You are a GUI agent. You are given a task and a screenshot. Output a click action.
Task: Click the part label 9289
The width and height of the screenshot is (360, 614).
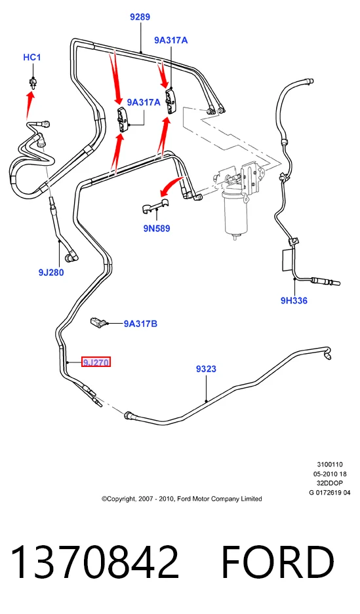pyautogui.click(x=140, y=17)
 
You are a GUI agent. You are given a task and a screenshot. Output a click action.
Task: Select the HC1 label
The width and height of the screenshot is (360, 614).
pyautogui.click(x=31, y=57)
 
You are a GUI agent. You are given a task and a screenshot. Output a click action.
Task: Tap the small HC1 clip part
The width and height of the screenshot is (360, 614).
pyautogui.click(x=33, y=83)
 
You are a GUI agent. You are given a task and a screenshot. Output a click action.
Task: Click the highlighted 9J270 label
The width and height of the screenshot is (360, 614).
pyautogui.click(x=96, y=362)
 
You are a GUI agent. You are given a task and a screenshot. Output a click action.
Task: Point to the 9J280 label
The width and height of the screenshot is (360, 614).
pyautogui.click(x=51, y=272)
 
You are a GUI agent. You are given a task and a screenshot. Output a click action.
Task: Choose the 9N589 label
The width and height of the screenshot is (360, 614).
pyautogui.click(x=157, y=228)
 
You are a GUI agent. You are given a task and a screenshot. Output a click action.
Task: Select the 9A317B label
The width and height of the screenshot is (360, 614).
pyautogui.click(x=140, y=324)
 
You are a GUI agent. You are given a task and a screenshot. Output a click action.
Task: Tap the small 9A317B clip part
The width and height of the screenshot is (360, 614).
pyautogui.click(x=98, y=322)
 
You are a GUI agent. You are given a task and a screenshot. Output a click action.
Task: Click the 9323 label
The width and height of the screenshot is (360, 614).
pyautogui.click(x=206, y=368)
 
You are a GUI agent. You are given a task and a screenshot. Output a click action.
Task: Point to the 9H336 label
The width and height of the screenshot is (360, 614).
pyautogui.click(x=294, y=300)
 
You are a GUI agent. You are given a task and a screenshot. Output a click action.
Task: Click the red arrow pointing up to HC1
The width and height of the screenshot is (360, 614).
pyautogui.click(x=29, y=104)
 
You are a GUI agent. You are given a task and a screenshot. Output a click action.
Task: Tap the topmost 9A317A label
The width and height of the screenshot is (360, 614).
pyautogui.click(x=170, y=40)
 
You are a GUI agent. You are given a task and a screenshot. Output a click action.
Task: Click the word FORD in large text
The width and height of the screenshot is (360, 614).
pyautogui.click(x=278, y=562)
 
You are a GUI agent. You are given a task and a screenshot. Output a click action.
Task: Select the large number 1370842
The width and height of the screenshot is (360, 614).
pyautogui.click(x=95, y=562)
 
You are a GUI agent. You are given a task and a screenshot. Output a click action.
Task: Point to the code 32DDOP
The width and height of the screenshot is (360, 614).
pyautogui.click(x=330, y=483)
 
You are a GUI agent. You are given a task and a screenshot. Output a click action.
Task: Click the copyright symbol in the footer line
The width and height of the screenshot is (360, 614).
pyautogui.click(x=104, y=499)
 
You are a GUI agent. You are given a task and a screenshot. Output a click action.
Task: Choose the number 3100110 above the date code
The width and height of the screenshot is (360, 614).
pyautogui.click(x=330, y=465)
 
